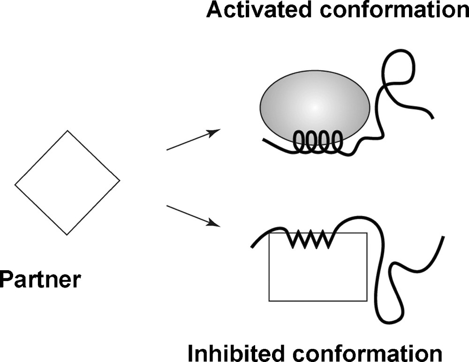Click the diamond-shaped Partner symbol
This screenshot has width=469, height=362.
68,183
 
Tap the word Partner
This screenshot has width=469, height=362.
40,281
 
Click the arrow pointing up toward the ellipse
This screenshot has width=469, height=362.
193,140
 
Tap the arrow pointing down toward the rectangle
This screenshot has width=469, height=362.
193,215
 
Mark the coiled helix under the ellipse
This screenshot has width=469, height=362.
318,142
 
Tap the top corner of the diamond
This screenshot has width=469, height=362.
68,131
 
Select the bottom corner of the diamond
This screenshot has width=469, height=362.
67,234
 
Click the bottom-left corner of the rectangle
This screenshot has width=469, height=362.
269,301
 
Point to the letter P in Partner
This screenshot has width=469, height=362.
6,281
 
